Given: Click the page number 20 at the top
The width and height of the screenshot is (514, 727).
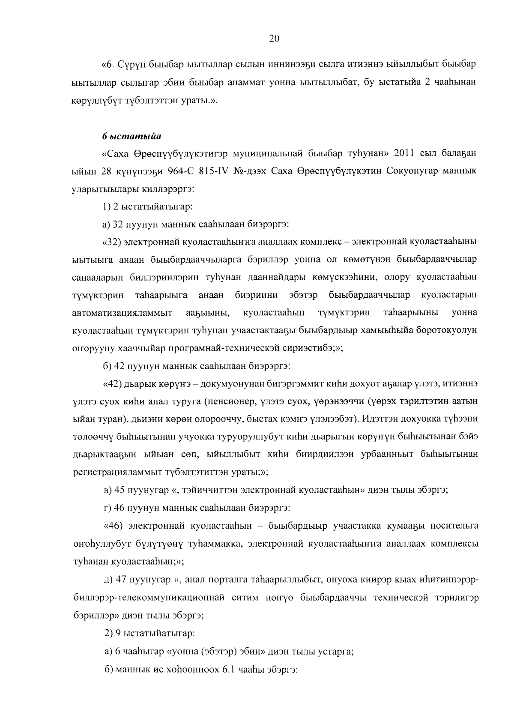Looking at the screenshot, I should point(274,39).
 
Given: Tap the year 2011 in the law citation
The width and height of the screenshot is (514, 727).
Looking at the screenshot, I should point(403,153).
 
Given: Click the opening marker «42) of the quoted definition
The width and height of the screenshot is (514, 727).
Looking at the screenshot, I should point(113,384).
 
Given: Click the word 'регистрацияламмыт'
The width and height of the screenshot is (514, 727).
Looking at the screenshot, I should point(115,473).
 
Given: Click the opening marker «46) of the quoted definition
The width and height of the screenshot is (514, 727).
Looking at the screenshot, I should point(113,526).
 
